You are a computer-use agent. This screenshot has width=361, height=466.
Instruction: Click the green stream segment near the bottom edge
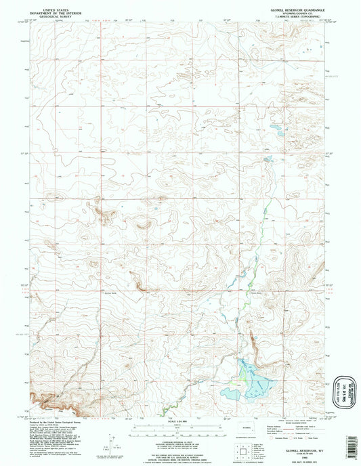pyautogui.click(x=166, y=408)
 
